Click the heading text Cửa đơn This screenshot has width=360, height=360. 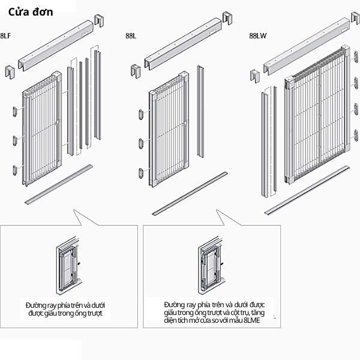point(31,11)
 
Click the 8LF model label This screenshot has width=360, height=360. point(5,36)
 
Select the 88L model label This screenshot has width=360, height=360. point(131,36)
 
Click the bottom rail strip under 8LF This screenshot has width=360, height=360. point(60,183)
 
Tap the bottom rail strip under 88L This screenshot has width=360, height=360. point(189,192)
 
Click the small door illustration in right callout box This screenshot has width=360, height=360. point(209,264)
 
